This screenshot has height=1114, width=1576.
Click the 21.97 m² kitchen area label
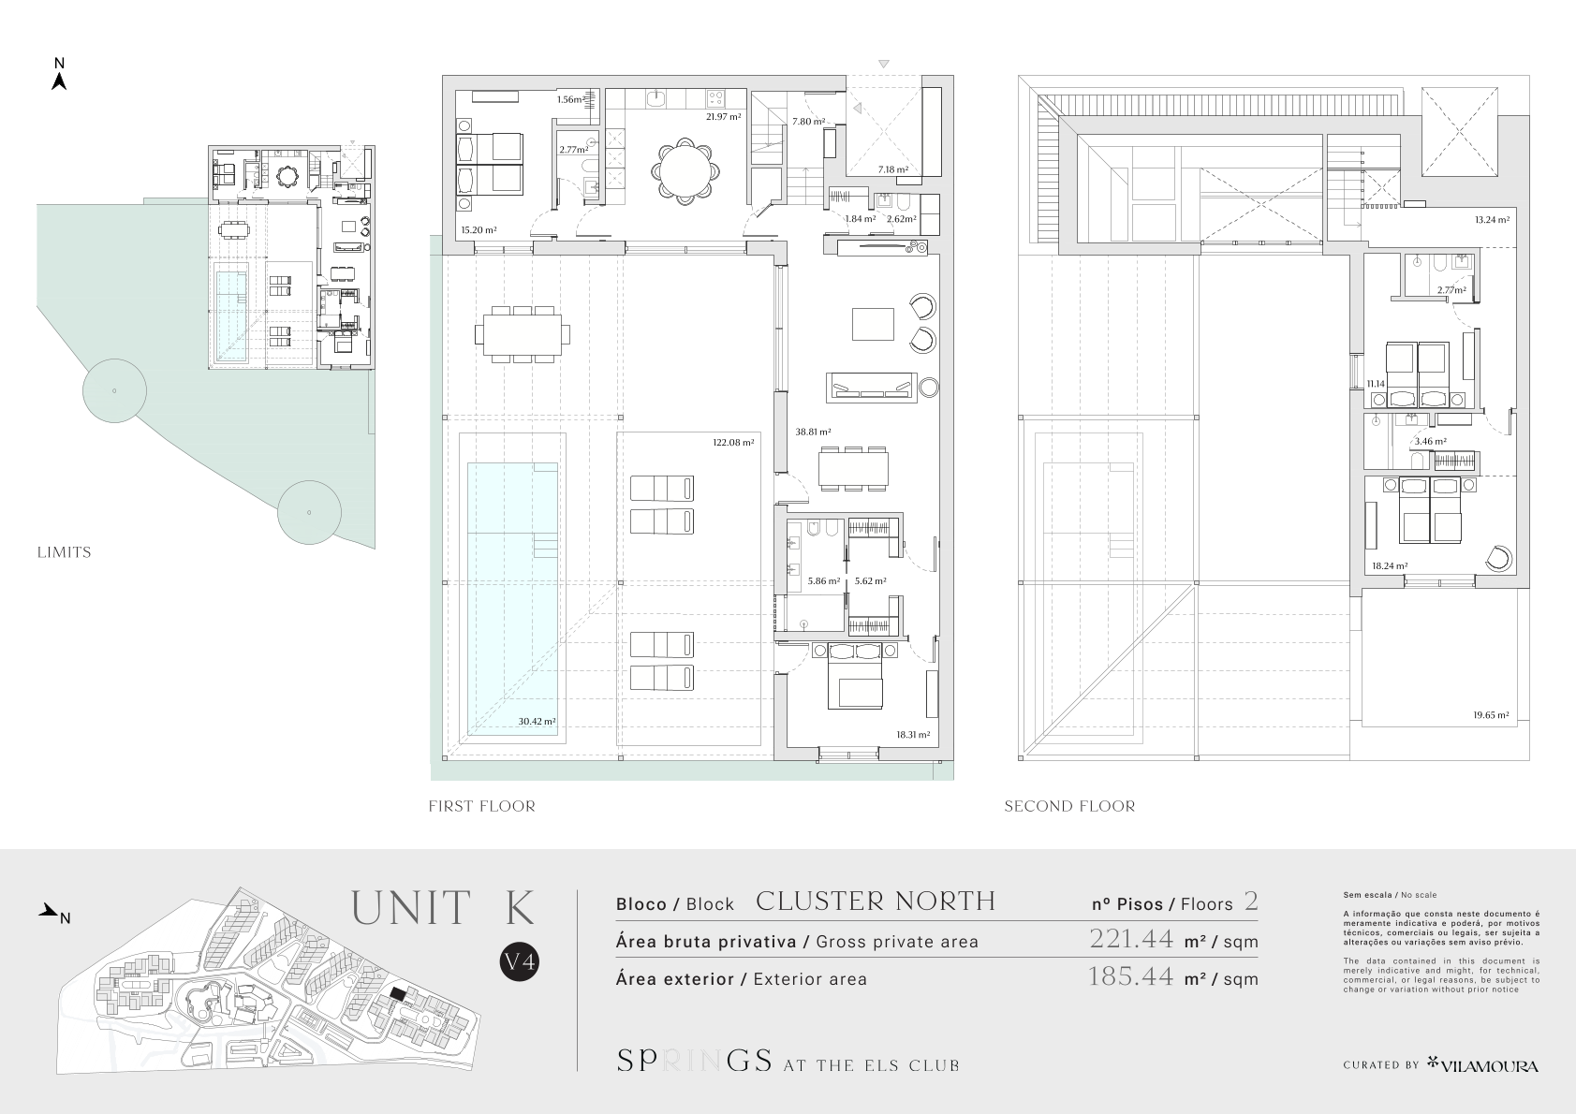(x=723, y=117)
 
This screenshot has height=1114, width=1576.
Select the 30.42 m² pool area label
(x=537, y=721)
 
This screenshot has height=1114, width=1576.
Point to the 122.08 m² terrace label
(x=733, y=443)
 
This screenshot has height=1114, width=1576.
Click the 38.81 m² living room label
(x=814, y=432)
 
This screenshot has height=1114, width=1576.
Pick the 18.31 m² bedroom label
(x=913, y=735)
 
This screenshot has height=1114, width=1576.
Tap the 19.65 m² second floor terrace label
(x=1491, y=715)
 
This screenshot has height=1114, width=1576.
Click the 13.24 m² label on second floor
(x=1493, y=219)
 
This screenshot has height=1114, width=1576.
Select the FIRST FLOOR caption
(x=482, y=806)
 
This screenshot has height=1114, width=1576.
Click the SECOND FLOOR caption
(x=1069, y=806)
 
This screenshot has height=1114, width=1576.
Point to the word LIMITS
(x=64, y=552)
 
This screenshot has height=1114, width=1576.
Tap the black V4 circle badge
(x=519, y=961)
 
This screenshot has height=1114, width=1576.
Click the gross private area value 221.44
(x=1131, y=939)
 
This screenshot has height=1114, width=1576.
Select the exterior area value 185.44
(x=1131, y=976)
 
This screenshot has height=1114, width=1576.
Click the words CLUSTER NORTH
(x=876, y=901)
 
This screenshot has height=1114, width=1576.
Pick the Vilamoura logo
(x=1482, y=1064)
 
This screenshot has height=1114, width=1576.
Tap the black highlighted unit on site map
(x=398, y=993)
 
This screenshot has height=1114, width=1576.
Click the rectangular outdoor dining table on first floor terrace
(x=523, y=334)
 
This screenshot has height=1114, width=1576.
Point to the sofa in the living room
(x=871, y=388)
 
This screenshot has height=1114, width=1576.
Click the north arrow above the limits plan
(x=59, y=81)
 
